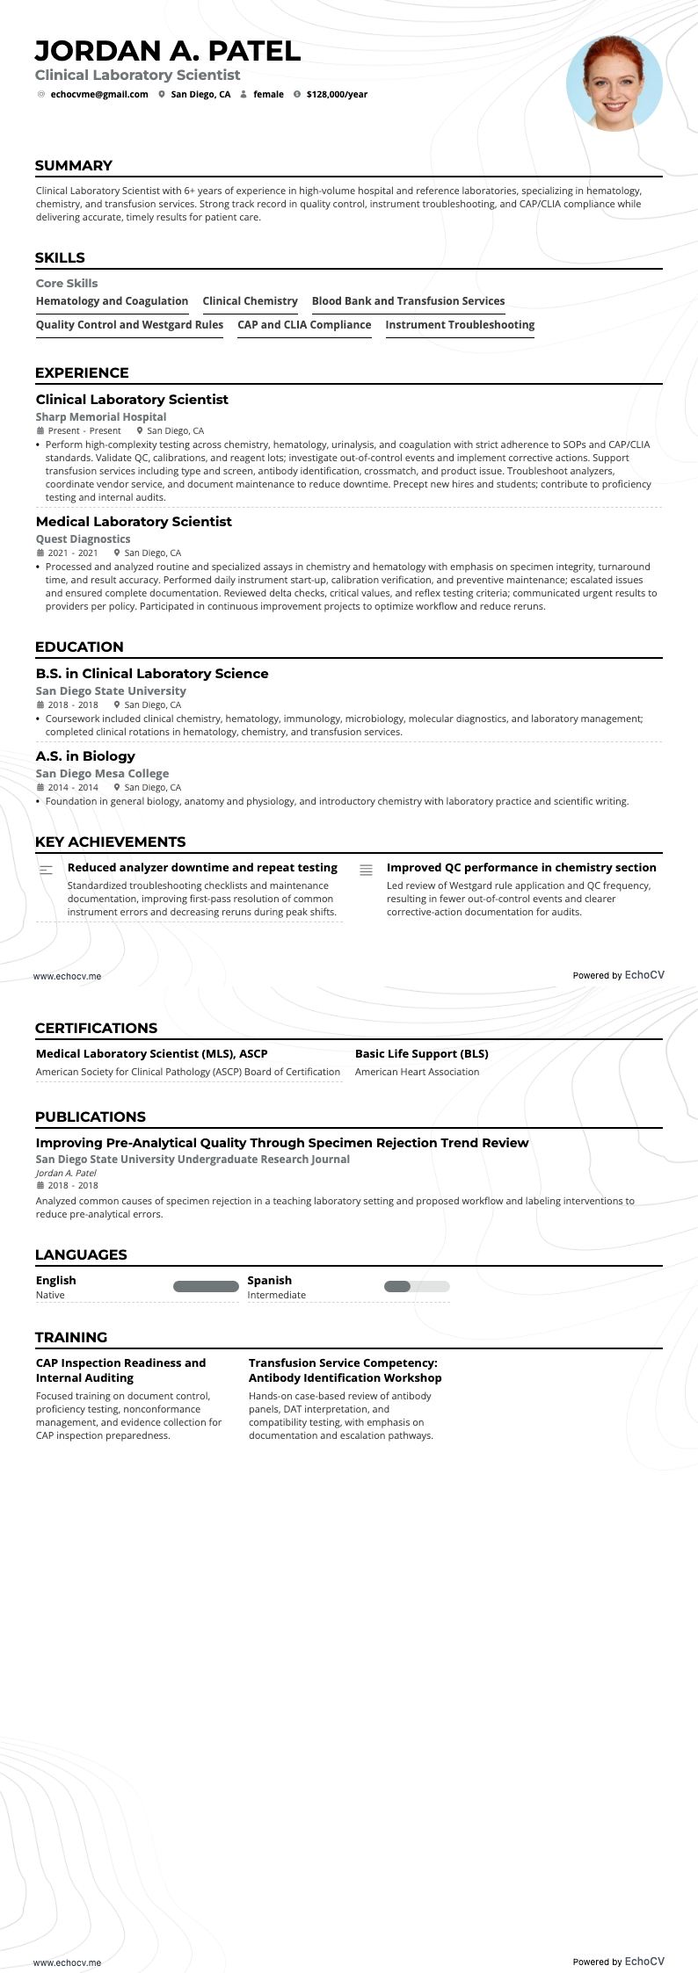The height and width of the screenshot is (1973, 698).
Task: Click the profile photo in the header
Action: (614, 84)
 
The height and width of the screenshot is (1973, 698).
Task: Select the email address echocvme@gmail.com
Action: (99, 94)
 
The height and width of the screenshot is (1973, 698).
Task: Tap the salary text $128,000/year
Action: (337, 94)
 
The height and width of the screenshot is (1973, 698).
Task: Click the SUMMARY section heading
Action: (74, 165)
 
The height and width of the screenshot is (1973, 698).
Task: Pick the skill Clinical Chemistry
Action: (250, 301)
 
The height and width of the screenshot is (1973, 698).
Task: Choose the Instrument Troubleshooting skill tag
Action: (460, 325)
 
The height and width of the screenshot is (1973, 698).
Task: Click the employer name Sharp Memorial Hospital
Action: (101, 417)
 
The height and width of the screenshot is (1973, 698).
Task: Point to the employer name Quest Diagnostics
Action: (83, 539)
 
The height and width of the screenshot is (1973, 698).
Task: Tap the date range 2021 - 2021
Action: (73, 553)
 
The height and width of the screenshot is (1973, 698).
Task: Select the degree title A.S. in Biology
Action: (85, 756)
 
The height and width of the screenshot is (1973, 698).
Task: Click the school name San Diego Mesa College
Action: (102, 774)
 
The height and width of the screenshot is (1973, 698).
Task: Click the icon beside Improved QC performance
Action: (367, 870)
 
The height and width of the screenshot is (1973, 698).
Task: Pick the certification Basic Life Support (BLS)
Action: (421, 1054)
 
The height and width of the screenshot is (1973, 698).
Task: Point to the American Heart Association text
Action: (417, 1072)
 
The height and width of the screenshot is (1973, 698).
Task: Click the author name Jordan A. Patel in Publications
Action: (66, 1173)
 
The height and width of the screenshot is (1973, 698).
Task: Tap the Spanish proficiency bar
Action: (417, 1287)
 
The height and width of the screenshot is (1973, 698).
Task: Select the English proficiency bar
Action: (206, 1287)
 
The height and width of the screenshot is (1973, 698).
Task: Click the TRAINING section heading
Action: (71, 1337)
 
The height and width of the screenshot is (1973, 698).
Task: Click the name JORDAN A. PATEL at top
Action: (168, 51)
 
